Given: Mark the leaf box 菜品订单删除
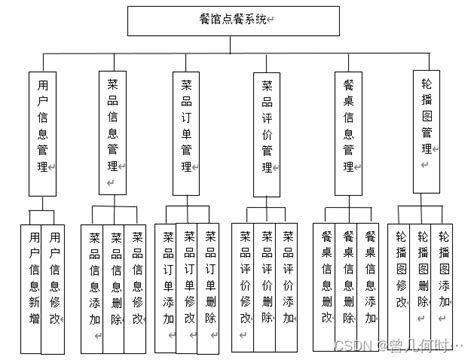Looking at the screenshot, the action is point(210,280).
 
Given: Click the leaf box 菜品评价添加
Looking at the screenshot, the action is point(289,280).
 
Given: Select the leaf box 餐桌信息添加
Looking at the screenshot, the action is point(371,280).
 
